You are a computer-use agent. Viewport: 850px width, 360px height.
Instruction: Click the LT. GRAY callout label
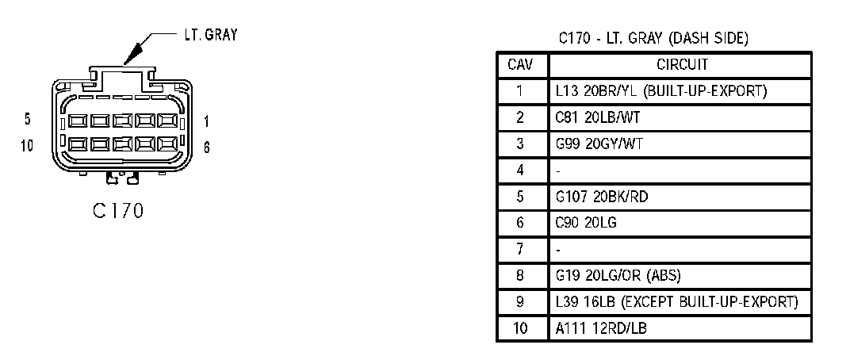tap(210, 35)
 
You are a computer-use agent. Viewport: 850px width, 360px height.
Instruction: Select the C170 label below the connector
tap(117, 212)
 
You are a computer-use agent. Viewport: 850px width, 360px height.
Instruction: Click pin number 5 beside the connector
tap(28, 120)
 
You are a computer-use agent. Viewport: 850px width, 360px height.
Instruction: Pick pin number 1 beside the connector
tap(206, 121)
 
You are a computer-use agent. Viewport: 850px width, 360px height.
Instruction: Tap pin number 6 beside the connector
tap(207, 147)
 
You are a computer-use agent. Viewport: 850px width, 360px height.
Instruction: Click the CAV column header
tap(521, 64)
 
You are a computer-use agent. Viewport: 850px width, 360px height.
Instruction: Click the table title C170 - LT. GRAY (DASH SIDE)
tap(653, 38)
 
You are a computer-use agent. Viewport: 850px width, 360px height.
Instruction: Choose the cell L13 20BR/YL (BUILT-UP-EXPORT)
tap(660, 90)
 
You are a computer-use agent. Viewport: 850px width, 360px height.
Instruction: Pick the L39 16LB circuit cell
tap(676, 302)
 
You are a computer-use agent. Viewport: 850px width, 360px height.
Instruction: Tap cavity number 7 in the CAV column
tap(521, 250)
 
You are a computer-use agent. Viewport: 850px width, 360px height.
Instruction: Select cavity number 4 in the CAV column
tap(521, 170)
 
